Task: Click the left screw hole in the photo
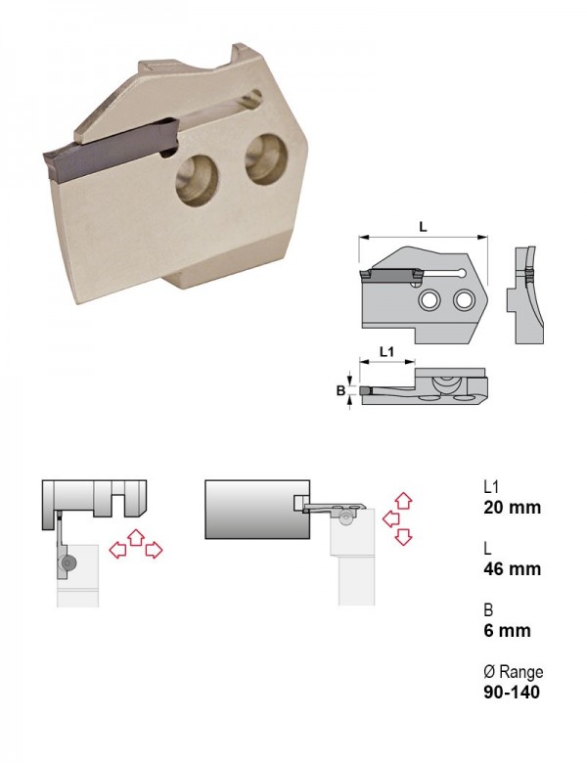[197, 181]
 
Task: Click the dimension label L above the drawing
[423, 226]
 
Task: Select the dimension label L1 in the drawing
[386, 351]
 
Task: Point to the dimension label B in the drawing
[340, 390]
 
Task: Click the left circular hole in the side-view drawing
[429, 300]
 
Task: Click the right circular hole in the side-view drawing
[463, 299]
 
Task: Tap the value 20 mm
[512, 508]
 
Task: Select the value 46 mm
[512, 569]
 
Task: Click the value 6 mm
[507, 631]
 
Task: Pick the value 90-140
[512, 692]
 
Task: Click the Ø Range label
[513, 672]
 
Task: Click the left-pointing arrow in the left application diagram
[117, 550]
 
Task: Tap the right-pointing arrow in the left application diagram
[154, 550]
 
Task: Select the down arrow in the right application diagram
[403, 536]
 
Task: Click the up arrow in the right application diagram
[403, 501]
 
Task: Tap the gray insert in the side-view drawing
[390, 275]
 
